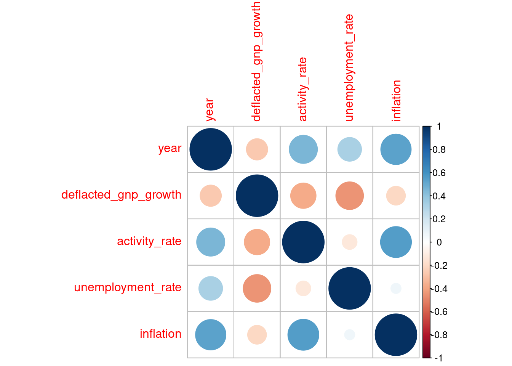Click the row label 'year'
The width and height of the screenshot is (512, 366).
(170, 149)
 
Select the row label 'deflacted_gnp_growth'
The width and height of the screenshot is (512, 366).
(121, 195)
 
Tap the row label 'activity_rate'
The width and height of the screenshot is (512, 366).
(149, 241)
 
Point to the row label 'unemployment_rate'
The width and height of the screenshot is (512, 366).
(128, 287)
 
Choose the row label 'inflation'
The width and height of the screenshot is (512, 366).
(160, 334)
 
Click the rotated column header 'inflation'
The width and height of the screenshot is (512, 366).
(396, 101)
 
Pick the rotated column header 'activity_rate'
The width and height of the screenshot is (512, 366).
(303, 89)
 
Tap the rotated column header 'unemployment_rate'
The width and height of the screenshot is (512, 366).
(349, 68)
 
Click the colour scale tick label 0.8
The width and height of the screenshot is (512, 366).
(439, 149)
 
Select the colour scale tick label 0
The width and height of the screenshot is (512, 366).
(439, 242)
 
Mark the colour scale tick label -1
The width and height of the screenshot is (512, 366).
(438, 358)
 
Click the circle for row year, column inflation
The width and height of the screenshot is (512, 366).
(396, 149)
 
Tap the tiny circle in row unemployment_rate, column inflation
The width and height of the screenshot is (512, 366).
(396, 288)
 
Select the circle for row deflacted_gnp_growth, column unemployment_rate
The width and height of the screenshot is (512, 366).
(349, 196)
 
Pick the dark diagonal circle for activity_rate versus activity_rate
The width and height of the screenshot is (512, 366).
(303, 242)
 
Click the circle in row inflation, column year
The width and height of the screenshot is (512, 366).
(211, 335)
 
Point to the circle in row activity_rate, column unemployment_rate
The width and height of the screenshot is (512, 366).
(349, 242)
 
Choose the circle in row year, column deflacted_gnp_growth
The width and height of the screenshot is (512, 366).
(257, 149)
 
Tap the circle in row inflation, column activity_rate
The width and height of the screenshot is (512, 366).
(303, 335)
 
